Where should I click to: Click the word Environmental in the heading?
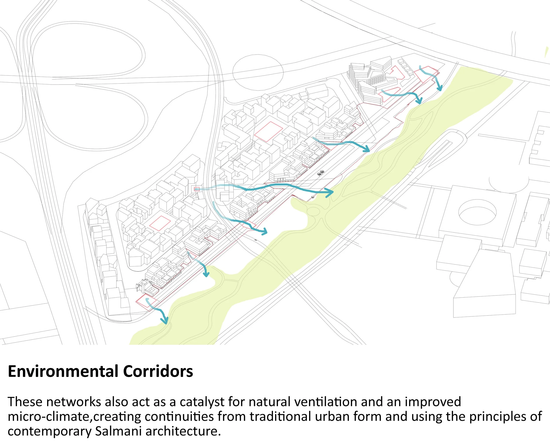(63, 372)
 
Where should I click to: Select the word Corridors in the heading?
(158, 372)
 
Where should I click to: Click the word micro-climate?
(48, 417)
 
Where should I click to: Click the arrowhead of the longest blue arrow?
(330, 192)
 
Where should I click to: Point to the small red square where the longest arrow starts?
(197, 189)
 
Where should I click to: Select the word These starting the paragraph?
(25, 402)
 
